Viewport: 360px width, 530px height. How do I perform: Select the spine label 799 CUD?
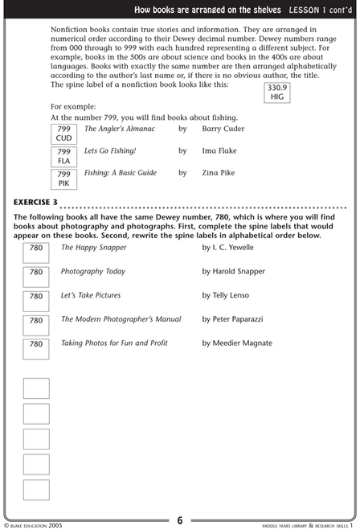click(x=64, y=134)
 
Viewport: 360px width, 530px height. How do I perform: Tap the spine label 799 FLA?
click(x=64, y=155)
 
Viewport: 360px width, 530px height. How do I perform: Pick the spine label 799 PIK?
click(x=64, y=178)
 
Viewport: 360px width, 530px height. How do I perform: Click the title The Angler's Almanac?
click(x=120, y=129)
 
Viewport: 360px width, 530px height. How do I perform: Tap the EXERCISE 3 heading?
click(x=35, y=200)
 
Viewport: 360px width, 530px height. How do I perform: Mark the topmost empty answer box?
click(x=36, y=388)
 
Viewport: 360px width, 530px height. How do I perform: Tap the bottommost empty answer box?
click(x=36, y=490)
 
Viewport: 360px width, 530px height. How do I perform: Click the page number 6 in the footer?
click(x=180, y=520)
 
